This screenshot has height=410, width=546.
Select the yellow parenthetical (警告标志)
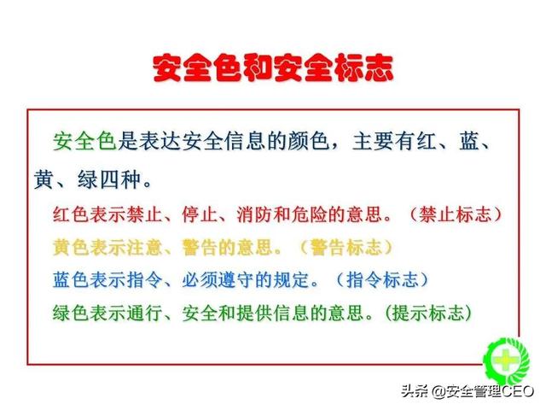click(346, 248)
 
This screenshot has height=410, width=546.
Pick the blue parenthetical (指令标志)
click(382, 279)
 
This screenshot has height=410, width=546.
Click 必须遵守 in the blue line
click(215, 279)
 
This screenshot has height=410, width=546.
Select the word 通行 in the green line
click(149, 312)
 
